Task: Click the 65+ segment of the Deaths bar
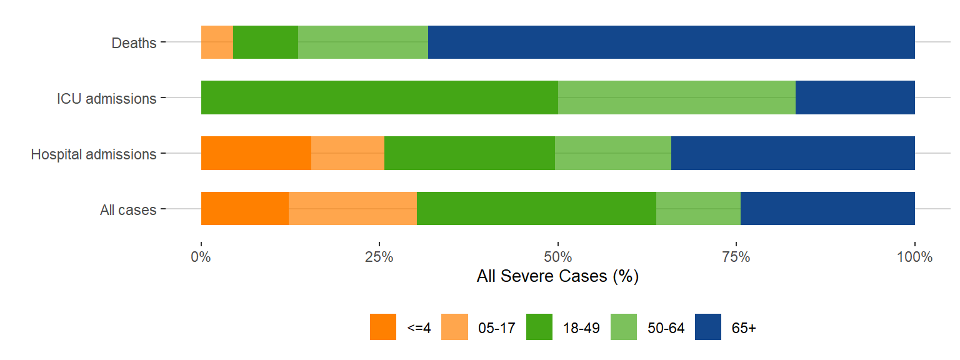(x=671, y=42)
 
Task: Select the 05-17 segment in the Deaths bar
(x=217, y=42)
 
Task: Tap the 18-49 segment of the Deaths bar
(x=266, y=42)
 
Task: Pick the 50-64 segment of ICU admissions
(x=676, y=97)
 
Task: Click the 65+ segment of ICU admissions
(x=855, y=97)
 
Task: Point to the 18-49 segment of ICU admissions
(x=379, y=97)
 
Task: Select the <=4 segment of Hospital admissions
(x=256, y=153)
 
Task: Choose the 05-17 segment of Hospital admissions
(x=347, y=153)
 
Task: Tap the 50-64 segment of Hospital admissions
(x=613, y=153)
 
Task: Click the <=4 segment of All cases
(x=245, y=208)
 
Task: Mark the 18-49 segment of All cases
(x=536, y=208)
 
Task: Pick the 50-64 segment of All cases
(x=698, y=208)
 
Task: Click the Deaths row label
(x=134, y=43)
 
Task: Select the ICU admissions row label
(x=106, y=98)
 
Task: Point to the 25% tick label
(x=379, y=257)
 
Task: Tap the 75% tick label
(x=736, y=257)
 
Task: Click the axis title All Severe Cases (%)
(x=557, y=276)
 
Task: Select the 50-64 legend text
(x=667, y=328)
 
